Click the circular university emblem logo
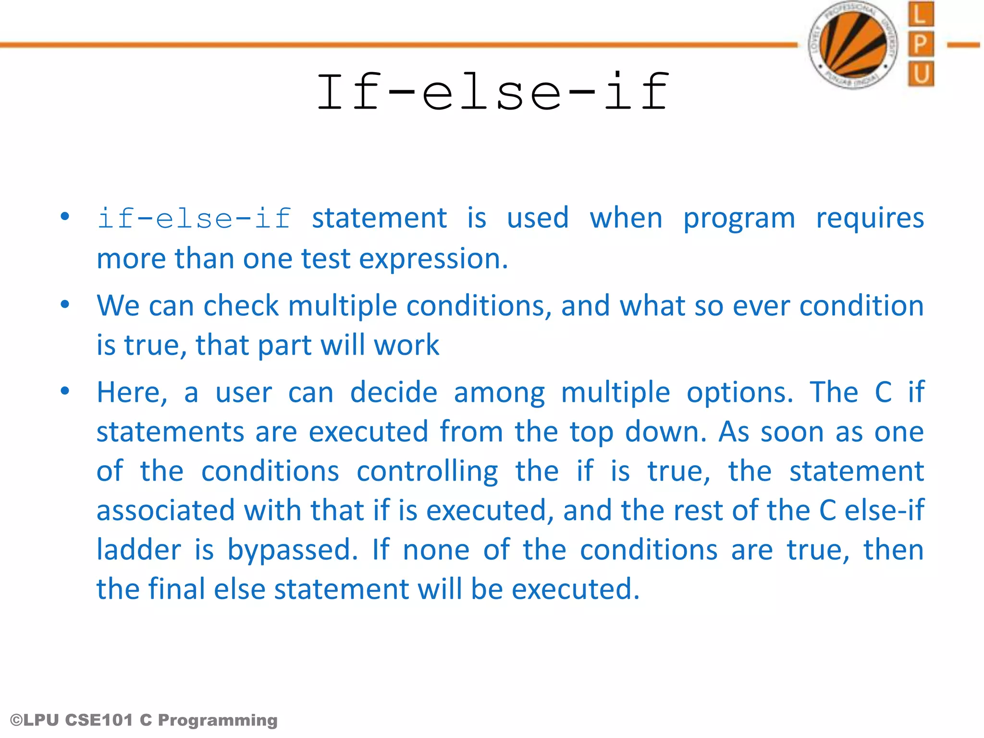853,45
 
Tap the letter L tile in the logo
921,14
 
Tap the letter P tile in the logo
921,44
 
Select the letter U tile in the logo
921,74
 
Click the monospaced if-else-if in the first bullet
194,219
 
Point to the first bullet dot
65,217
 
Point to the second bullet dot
65,304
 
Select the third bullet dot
65,391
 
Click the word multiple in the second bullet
342,306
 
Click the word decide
394,393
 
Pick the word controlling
427,472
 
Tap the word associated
165,510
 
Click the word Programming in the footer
218,721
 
